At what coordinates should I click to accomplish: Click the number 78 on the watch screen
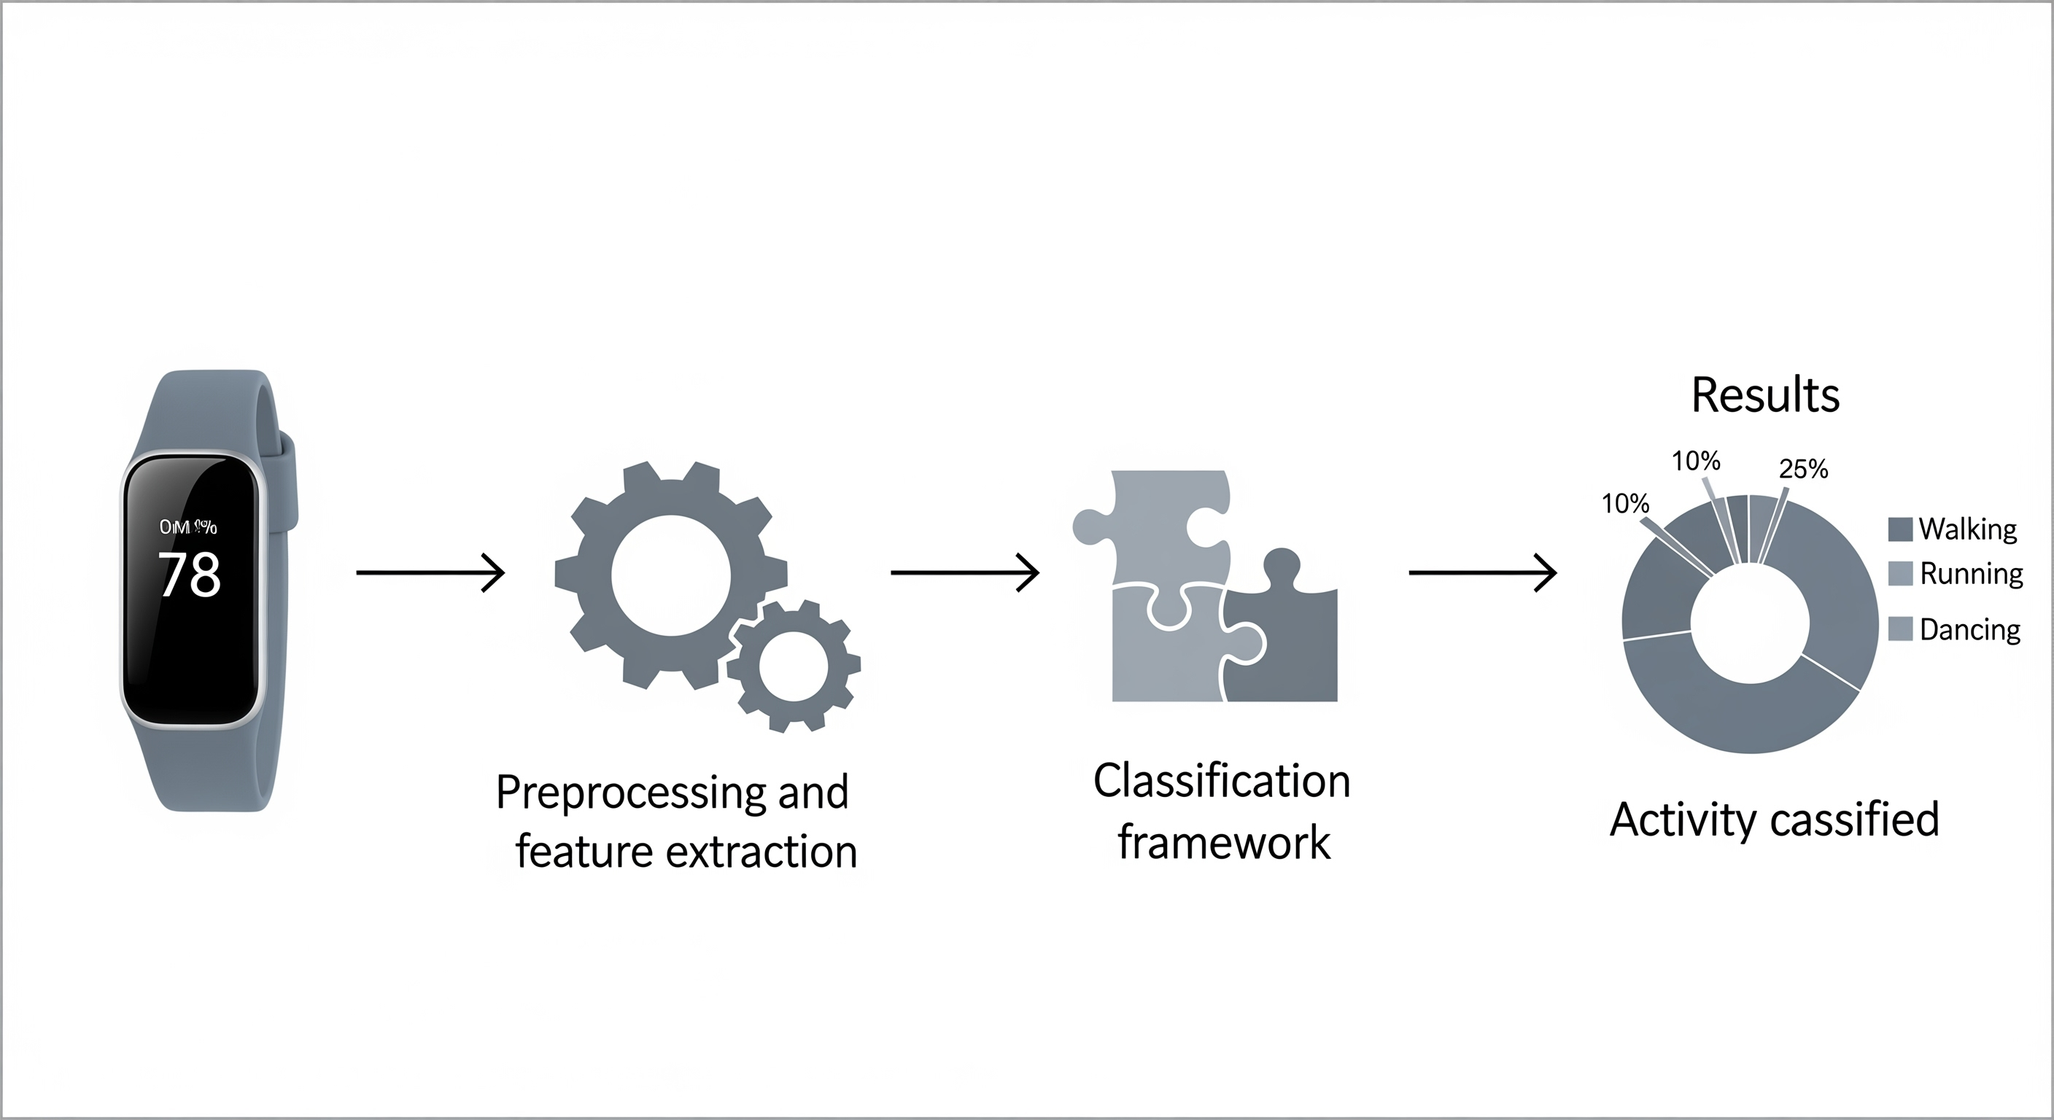pos(190,574)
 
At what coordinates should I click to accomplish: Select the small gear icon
pos(794,666)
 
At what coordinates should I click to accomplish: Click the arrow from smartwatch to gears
pos(430,572)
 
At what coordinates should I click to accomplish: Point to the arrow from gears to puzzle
pos(965,572)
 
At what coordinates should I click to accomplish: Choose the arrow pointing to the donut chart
pos(1483,572)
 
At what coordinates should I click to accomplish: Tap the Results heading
pos(1765,394)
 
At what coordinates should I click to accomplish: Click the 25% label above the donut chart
pos(1804,469)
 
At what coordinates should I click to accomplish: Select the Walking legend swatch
pos(1900,529)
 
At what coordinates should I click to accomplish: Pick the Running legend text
pos(1971,574)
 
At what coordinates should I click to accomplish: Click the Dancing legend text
pos(1969,630)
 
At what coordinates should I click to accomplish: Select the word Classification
pos(1222,781)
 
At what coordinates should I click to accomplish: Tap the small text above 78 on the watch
pos(188,527)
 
